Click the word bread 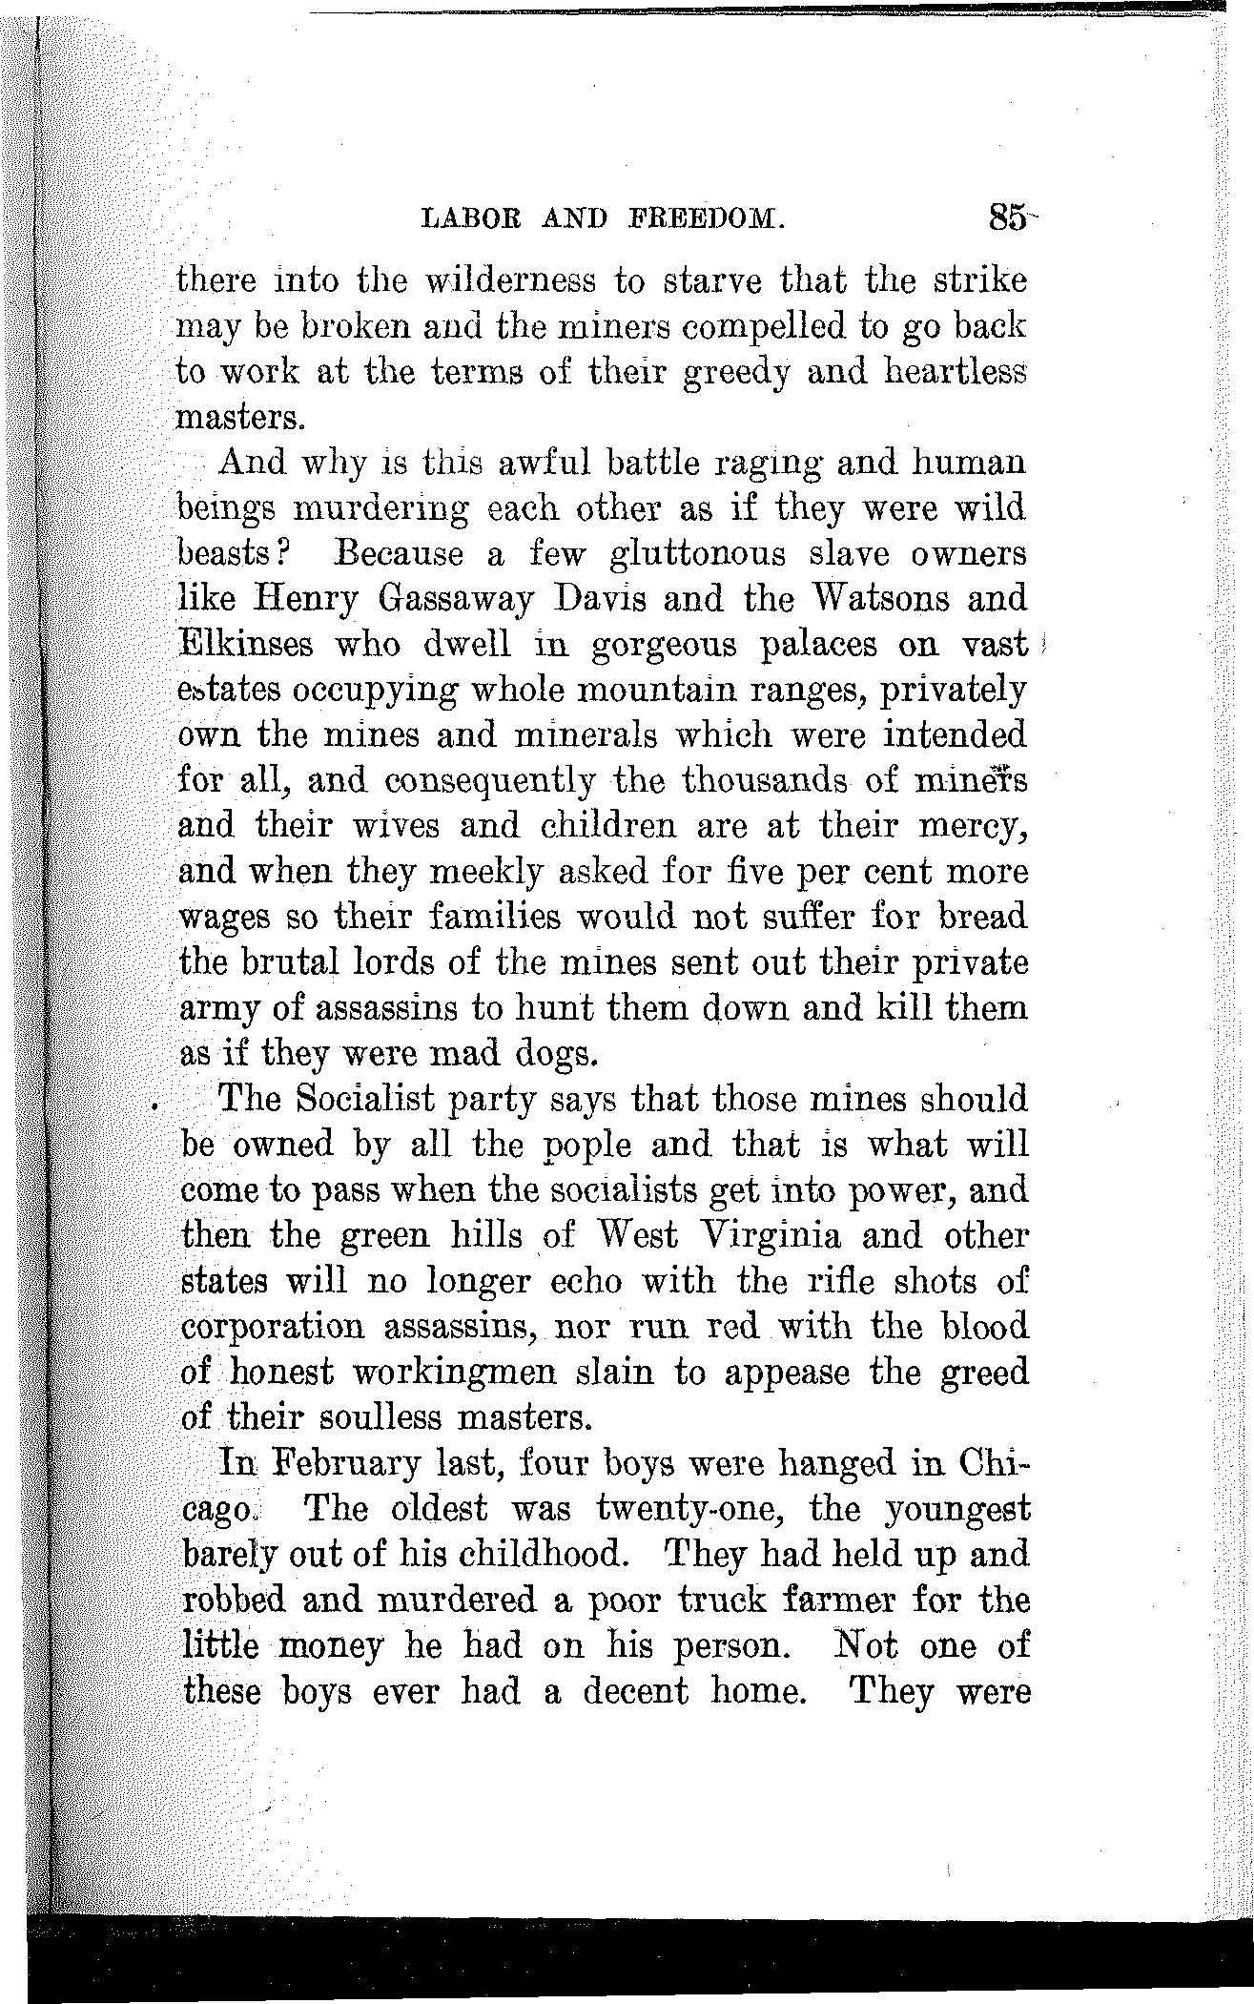(x=982, y=918)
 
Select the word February (x=347, y=1463)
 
